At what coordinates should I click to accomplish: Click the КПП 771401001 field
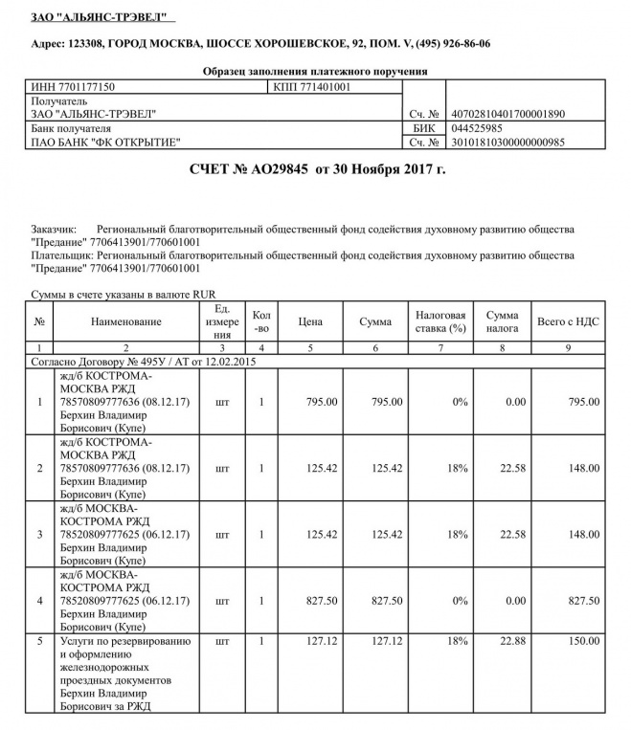pyautogui.click(x=312, y=86)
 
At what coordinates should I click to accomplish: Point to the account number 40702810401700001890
pyautogui.click(x=507, y=114)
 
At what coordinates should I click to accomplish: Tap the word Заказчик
pyautogui.click(x=54, y=231)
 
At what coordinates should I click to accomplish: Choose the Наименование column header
pyautogui.click(x=126, y=322)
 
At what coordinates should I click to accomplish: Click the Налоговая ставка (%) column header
pyautogui.click(x=439, y=322)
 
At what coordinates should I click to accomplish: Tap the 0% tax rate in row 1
pyautogui.click(x=457, y=401)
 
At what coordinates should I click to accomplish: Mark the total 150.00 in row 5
pyautogui.click(x=581, y=640)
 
